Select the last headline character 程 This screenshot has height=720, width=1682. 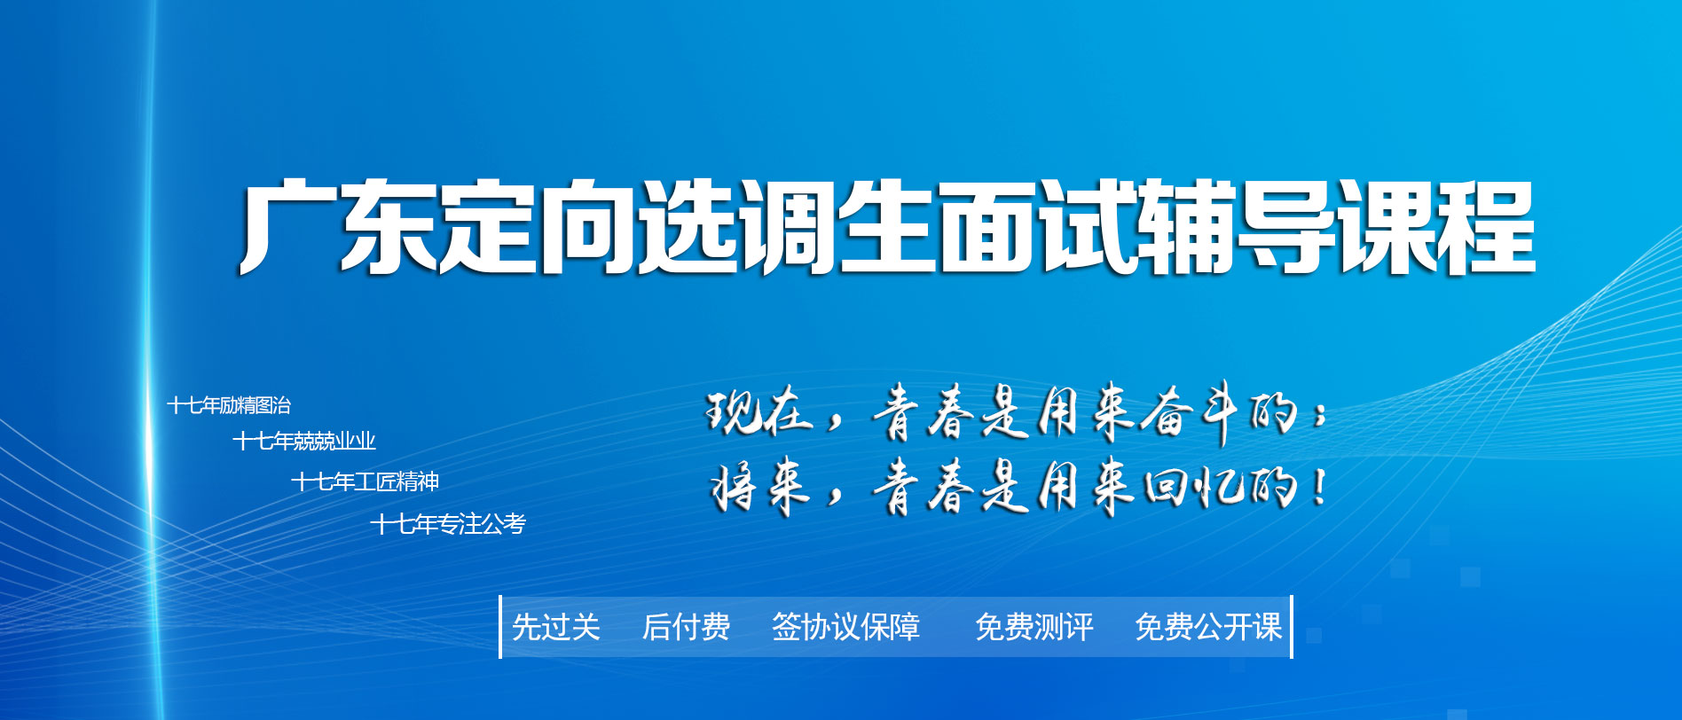1486,227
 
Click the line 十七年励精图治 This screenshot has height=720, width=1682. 229,405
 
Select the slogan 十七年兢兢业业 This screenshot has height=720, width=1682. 304,441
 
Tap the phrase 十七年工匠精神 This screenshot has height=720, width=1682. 365,481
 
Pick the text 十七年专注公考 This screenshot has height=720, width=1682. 448,524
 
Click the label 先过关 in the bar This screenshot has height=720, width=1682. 556,627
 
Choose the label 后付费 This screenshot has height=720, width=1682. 686,627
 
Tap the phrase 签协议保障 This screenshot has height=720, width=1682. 845,627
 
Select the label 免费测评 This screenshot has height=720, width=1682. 1034,627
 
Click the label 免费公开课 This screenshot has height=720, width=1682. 1208,627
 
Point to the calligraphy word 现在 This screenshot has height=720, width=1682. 759,412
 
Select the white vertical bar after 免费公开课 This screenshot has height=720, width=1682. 1291,627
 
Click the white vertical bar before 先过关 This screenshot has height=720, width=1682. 501,627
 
